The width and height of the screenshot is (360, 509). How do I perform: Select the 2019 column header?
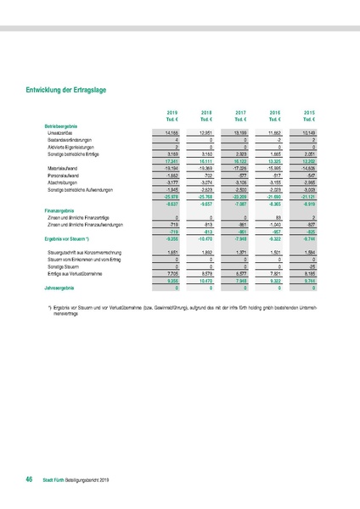[x=172, y=112]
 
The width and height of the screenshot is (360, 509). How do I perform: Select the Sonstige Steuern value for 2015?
[x=311, y=267]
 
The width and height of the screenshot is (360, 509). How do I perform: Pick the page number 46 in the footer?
[x=29, y=480]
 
